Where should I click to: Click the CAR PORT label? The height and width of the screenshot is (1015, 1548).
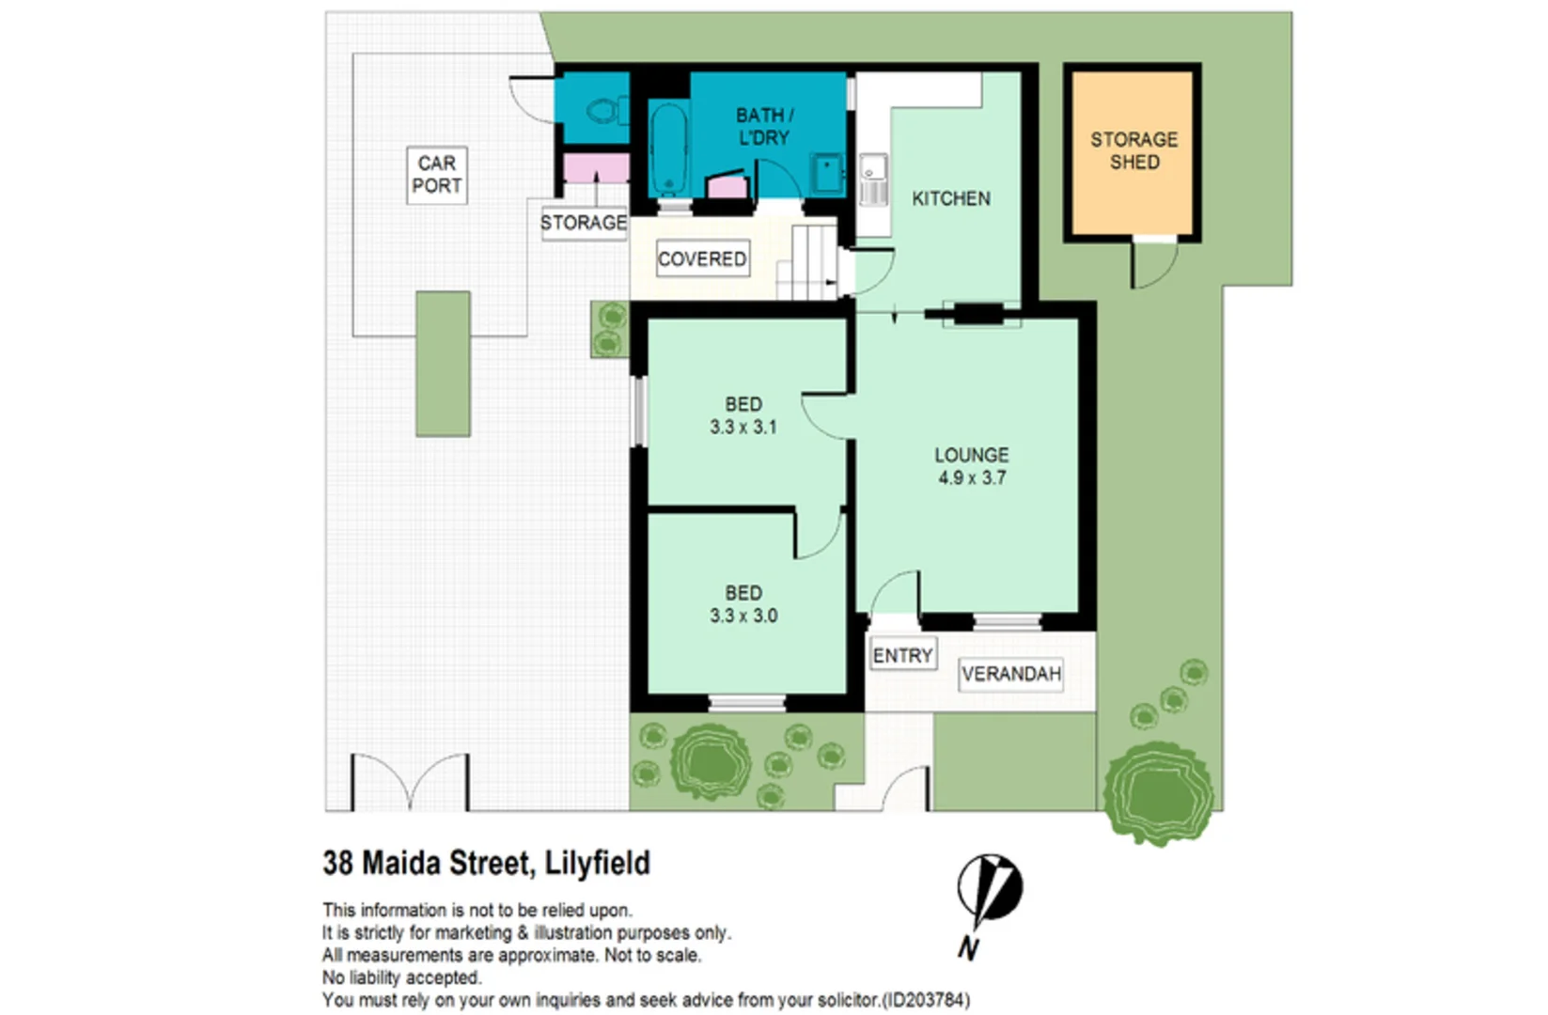tap(437, 175)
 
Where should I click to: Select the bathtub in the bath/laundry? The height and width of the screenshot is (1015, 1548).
tap(668, 148)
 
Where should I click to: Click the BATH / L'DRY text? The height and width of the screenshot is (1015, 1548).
tap(763, 126)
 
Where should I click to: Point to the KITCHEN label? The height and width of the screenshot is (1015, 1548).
tap(950, 198)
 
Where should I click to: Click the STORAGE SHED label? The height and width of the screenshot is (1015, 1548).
tap(1134, 150)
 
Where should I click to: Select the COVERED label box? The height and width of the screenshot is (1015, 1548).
tap(702, 258)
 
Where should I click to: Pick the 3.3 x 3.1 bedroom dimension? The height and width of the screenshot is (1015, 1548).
tap(743, 427)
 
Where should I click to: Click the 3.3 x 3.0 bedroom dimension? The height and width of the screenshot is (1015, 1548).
tap(743, 616)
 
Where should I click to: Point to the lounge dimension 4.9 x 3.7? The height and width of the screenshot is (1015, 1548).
tap(971, 477)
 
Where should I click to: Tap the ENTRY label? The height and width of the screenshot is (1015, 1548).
tap(902, 655)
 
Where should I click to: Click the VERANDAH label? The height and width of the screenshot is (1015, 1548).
tap(1010, 674)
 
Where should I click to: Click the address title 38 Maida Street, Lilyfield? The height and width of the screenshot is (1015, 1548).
tap(486, 863)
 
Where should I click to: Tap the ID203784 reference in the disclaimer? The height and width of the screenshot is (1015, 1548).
tap(926, 1000)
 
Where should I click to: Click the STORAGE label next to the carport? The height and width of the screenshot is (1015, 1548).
tap(583, 223)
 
